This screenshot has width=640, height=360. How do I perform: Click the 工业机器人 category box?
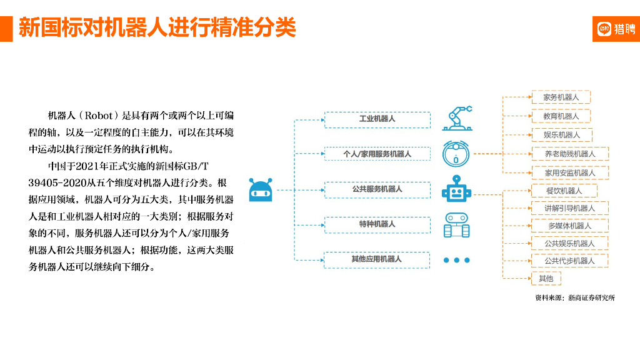377,119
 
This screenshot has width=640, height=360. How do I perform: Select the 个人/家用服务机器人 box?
377,154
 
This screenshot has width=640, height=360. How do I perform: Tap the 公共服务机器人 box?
377,189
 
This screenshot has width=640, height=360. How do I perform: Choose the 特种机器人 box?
377,224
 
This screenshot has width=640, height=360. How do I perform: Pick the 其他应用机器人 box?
377,259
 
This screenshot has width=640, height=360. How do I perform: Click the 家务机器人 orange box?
561,97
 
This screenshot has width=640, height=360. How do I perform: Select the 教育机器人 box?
561,116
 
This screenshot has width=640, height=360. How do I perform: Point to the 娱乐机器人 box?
561,135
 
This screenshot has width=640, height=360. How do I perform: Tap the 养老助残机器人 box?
569,154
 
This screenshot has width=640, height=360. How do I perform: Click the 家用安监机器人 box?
569,172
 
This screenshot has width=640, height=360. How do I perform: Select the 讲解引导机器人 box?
569,208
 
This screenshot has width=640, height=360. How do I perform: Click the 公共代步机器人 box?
569,261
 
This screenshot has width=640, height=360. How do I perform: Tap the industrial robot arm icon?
457,117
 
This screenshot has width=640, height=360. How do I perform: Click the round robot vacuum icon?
457,154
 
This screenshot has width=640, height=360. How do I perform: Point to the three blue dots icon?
457,260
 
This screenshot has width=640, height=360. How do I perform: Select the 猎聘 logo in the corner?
616,28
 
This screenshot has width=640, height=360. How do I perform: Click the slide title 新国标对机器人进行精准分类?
157,28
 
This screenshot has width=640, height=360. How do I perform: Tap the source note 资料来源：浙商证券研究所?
574,298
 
